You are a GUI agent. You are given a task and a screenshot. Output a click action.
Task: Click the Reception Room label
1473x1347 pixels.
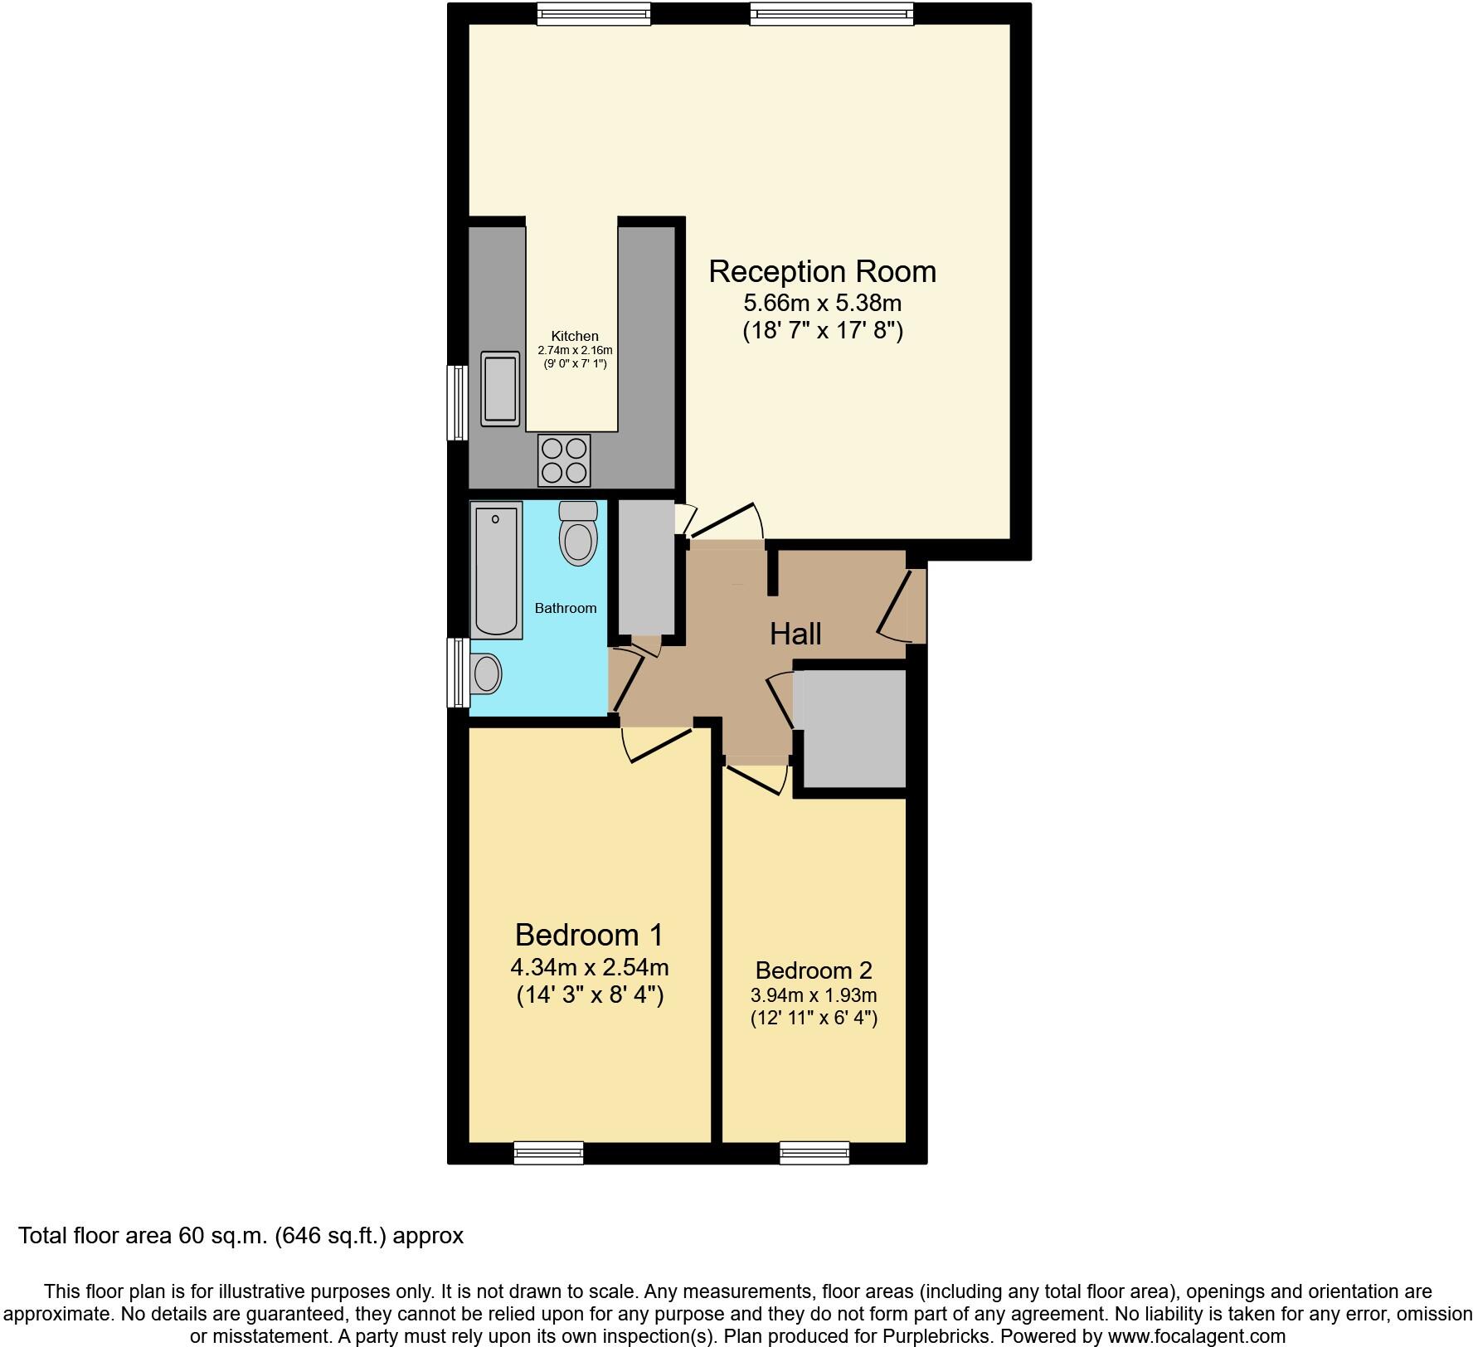[x=822, y=271]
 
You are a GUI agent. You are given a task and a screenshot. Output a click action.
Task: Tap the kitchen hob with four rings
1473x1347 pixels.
[x=564, y=460]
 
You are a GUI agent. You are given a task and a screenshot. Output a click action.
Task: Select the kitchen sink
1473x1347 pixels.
[x=500, y=388]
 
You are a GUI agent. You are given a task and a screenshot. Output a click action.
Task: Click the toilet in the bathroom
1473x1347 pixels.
[x=578, y=533]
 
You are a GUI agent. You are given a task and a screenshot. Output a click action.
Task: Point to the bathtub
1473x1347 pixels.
[x=496, y=570]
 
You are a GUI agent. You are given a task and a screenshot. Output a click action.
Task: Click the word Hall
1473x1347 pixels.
[x=795, y=634]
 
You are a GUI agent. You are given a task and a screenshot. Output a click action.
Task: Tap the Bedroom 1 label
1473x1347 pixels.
[x=589, y=935]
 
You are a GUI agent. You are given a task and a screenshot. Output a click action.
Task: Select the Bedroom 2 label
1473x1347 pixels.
[x=814, y=970]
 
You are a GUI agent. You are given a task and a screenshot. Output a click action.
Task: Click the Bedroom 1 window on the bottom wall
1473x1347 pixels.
[x=548, y=1152]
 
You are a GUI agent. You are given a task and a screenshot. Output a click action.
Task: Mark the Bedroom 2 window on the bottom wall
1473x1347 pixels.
[x=814, y=1152]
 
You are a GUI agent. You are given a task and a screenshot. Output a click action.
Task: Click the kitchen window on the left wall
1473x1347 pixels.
[x=456, y=403]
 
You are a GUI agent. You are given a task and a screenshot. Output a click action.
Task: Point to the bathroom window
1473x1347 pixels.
[x=457, y=672]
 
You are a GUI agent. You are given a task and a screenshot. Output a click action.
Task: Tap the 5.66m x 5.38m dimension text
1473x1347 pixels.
[x=822, y=303]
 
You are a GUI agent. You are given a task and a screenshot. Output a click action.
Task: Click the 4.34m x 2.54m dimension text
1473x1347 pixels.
[x=589, y=967]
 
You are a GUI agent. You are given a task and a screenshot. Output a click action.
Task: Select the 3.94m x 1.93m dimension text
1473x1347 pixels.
[x=814, y=994]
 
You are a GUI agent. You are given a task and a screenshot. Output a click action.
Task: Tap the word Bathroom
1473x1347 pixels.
[x=566, y=608]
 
